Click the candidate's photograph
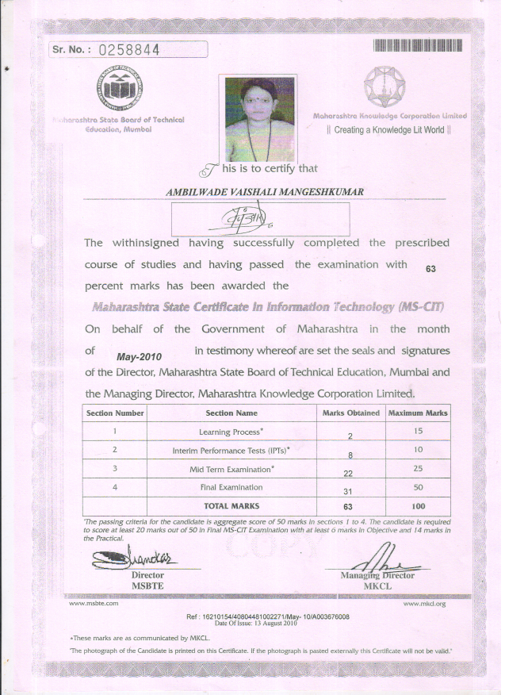tap(261, 118)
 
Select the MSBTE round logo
tap(118, 89)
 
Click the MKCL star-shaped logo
tap(388, 86)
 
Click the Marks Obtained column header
tap(351, 413)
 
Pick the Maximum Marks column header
tap(418, 413)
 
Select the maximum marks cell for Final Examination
tap(418, 487)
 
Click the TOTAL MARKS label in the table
tap(231, 505)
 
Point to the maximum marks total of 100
tap(418, 505)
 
